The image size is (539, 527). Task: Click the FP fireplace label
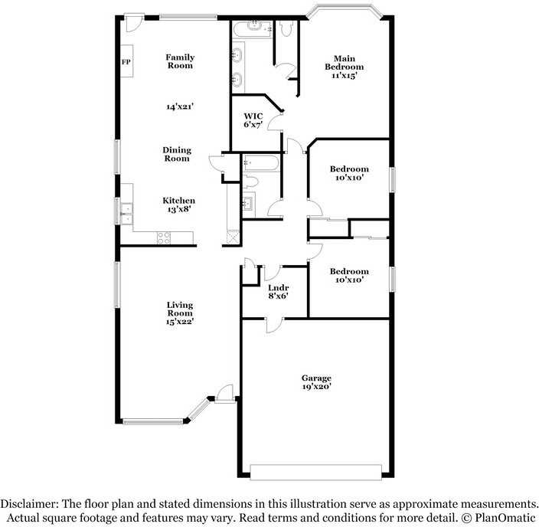click(126, 62)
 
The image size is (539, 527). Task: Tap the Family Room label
click(180, 61)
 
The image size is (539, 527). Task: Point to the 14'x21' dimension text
click(180, 106)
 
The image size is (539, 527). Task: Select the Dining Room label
click(177, 154)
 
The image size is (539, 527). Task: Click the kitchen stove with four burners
click(164, 237)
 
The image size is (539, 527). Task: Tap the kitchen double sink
click(126, 214)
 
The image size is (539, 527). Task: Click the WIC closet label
click(253, 116)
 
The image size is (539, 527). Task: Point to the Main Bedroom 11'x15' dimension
click(344, 75)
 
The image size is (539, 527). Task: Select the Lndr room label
click(278, 287)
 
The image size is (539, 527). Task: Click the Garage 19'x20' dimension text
click(317, 386)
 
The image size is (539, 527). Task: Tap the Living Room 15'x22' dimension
click(180, 321)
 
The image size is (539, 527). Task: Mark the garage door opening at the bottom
click(315, 472)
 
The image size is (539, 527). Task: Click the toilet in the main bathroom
click(286, 28)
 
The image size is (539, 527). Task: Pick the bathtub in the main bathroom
click(253, 29)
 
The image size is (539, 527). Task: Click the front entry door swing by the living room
click(225, 392)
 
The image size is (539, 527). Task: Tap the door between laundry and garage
click(274, 326)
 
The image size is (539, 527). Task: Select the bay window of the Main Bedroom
click(344, 9)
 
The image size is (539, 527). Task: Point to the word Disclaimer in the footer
click(30, 504)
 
